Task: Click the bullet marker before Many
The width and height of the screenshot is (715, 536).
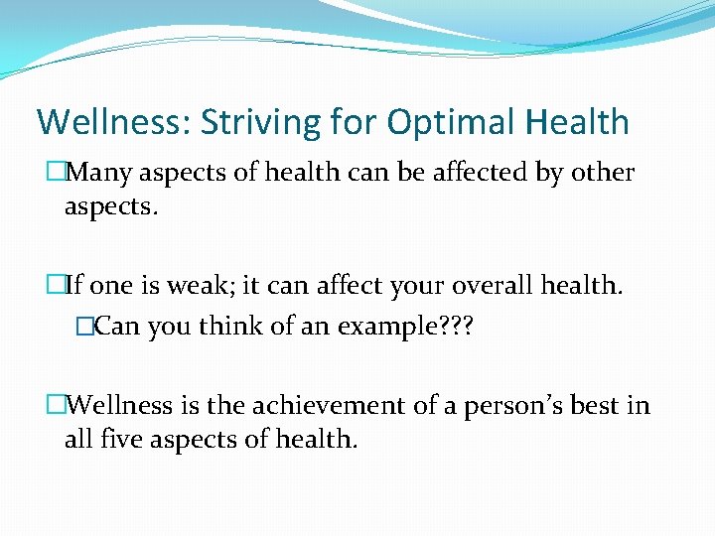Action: coord(56,173)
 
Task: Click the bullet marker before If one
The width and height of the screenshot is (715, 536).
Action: coord(56,287)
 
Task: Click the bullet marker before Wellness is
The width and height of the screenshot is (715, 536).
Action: coord(56,405)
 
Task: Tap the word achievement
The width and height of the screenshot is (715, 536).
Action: coord(327,405)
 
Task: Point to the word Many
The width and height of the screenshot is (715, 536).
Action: coord(102,174)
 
